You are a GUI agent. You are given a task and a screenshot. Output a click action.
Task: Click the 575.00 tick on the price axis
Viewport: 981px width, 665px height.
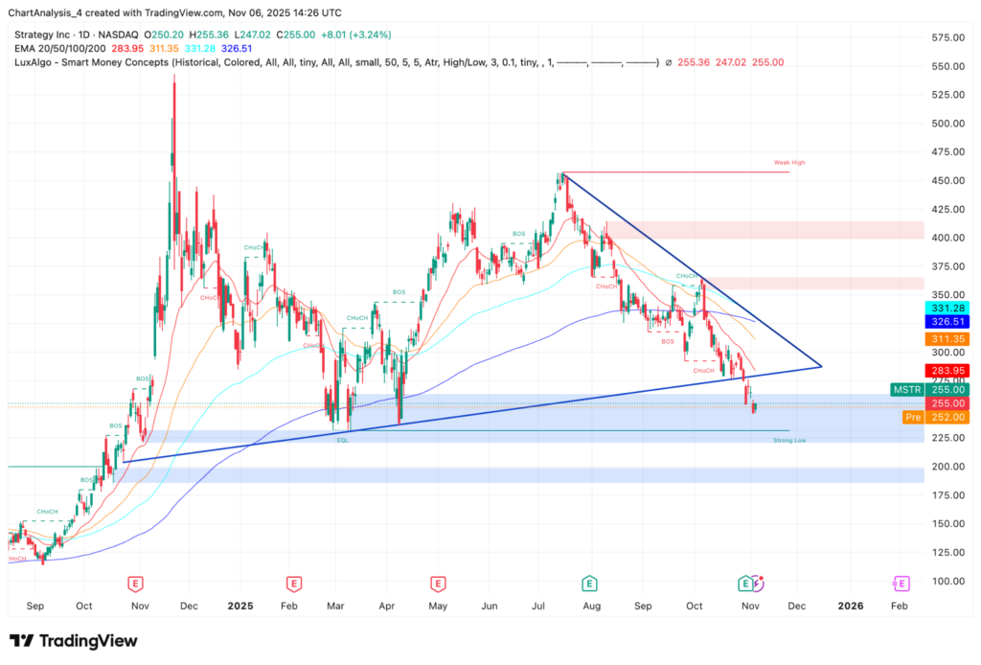click(x=948, y=37)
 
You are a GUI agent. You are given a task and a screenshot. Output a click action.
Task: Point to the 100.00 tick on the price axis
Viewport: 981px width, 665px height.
click(x=948, y=581)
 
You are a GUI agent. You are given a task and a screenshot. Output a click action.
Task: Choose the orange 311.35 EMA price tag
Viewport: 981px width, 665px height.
click(x=947, y=339)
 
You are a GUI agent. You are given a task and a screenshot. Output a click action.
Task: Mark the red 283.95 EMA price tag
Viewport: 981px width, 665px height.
click(x=947, y=370)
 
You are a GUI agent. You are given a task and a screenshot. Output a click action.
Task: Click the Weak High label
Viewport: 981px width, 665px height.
click(x=789, y=163)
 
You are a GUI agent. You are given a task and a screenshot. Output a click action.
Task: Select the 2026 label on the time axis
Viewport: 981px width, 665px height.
click(x=850, y=606)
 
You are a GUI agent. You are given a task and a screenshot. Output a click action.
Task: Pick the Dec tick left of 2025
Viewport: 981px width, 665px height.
click(x=189, y=606)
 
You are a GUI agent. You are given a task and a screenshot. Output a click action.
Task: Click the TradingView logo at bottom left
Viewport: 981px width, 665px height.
click(x=73, y=641)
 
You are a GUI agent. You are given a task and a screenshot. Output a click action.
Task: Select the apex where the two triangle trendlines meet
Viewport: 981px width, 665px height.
click(x=822, y=366)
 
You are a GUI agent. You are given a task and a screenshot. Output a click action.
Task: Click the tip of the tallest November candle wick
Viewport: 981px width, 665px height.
click(x=173, y=74)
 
